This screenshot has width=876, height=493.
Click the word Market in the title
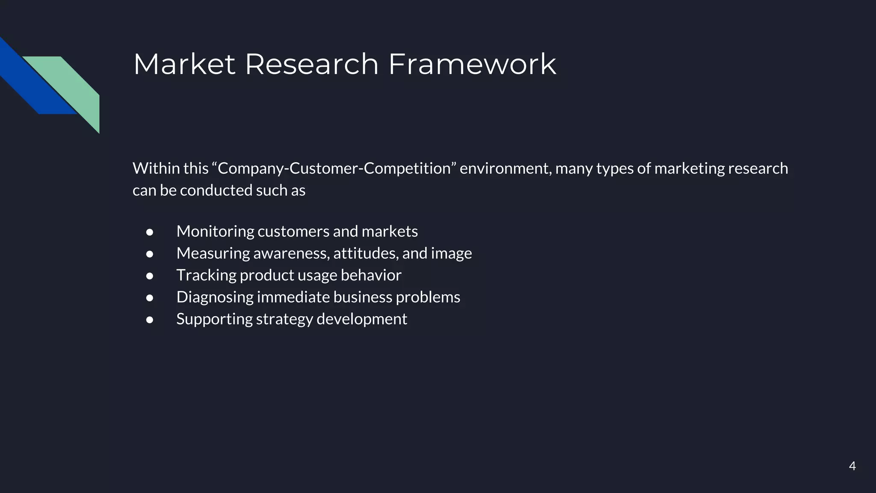click(184, 64)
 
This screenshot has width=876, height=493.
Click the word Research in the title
click(311, 64)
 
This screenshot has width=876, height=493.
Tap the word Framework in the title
click(472, 64)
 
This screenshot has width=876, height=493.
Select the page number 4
click(852, 466)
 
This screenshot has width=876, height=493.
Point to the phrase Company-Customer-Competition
click(334, 168)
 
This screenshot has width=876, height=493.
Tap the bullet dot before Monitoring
click(150, 232)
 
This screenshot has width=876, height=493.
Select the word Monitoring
click(215, 232)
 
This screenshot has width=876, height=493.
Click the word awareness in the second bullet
click(291, 253)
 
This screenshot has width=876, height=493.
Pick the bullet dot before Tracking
click(150, 276)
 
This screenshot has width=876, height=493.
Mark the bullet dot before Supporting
click(150, 320)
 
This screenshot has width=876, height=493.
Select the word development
click(361, 319)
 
